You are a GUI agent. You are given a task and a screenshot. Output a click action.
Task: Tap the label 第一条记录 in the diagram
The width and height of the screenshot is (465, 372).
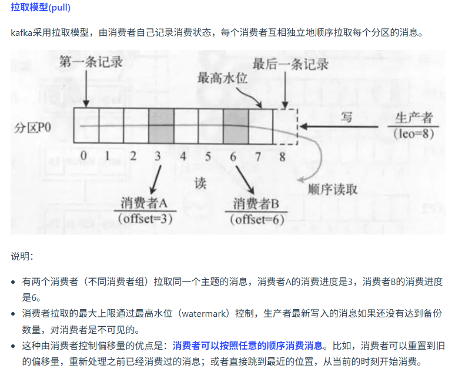(91, 61)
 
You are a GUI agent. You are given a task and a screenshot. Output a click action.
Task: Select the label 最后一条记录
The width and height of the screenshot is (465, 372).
(290, 64)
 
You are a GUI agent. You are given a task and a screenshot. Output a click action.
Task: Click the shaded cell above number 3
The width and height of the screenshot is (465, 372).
(160, 126)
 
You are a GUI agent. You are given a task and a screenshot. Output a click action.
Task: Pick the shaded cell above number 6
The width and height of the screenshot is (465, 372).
(235, 126)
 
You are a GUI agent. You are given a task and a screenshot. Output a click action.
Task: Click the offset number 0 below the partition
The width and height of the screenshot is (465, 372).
(83, 156)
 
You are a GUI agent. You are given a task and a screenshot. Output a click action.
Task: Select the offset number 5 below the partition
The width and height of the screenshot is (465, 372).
(208, 156)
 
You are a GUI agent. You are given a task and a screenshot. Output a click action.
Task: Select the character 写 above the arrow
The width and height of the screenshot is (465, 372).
(347, 117)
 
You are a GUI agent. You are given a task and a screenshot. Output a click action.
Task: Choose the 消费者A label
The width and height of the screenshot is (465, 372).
(145, 203)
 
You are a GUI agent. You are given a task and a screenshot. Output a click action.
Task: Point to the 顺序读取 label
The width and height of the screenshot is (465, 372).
(332, 190)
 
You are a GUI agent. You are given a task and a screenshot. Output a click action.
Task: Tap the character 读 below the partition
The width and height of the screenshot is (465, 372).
(200, 183)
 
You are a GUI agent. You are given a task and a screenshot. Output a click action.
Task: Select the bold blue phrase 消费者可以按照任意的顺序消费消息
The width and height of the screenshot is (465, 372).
(247, 345)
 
